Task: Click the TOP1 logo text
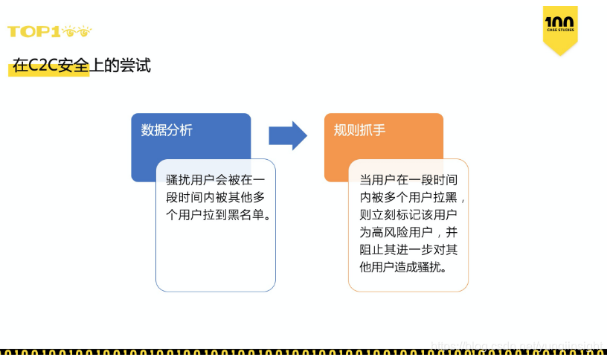34,31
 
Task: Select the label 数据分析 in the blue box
167,130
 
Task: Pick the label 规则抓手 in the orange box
359,130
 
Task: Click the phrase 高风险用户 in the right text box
402,232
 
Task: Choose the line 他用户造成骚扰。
403,266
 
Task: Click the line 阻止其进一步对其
408,249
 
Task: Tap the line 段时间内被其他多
215,197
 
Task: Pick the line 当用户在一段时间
408,180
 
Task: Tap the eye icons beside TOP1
78,31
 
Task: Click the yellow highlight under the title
49,71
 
